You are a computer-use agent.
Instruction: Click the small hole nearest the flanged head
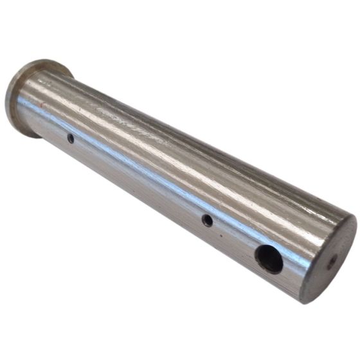[x=70, y=138]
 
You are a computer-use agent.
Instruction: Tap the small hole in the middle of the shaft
[x=207, y=221]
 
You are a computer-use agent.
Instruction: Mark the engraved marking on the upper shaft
[x=132, y=122]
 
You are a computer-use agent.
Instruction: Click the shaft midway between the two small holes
[x=138, y=179]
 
